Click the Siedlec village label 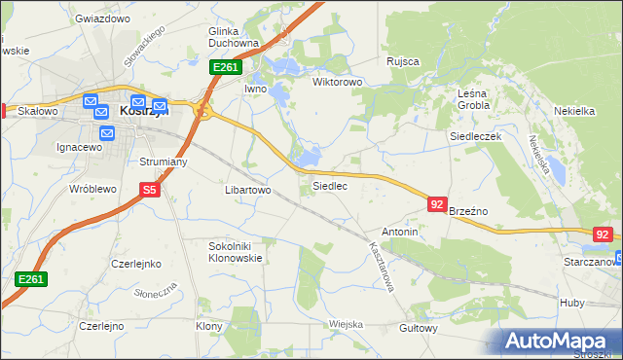(x=329, y=185)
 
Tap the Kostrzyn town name (x=144, y=111)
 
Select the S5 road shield (x=149, y=191)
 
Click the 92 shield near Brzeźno (x=437, y=204)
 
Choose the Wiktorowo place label (x=337, y=83)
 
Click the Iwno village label (x=255, y=89)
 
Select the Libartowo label (x=247, y=190)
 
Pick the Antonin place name (x=400, y=233)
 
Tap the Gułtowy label (x=420, y=328)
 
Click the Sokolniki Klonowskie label (x=237, y=253)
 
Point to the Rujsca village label (x=402, y=61)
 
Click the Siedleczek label (x=475, y=137)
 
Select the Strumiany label (x=163, y=162)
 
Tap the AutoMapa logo (x=558, y=342)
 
